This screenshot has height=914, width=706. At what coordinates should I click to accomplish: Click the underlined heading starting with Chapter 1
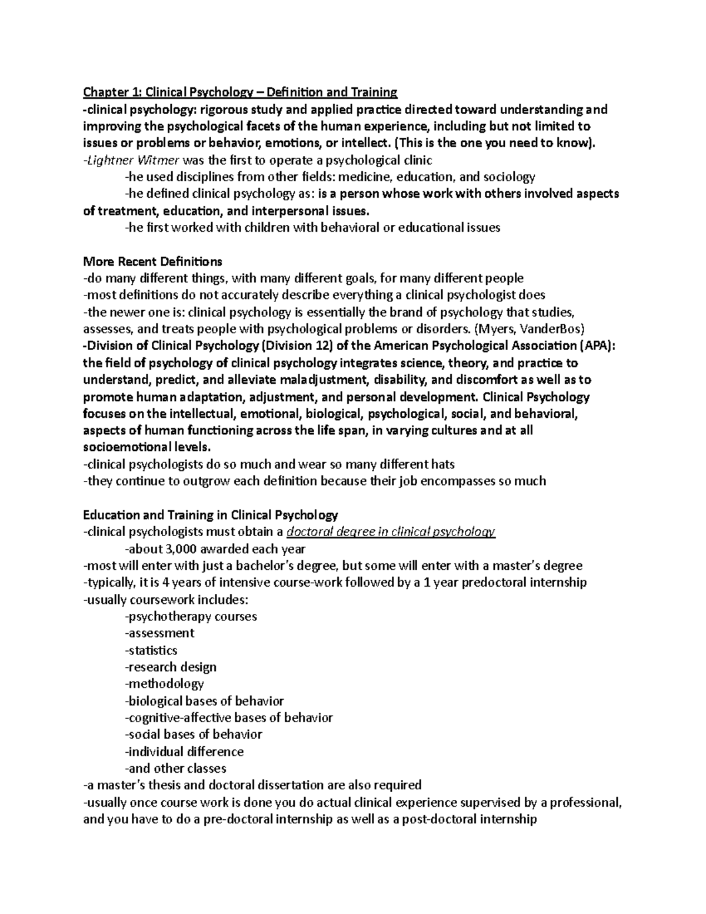(240, 92)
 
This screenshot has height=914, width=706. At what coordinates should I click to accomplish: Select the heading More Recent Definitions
(152, 261)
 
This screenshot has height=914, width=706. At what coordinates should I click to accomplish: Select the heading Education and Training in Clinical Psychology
(211, 515)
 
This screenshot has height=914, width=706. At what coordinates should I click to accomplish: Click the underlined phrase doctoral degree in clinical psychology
(391, 532)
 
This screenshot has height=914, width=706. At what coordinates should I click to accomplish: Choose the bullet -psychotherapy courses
(191, 617)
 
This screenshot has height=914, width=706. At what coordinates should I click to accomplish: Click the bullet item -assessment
(159, 633)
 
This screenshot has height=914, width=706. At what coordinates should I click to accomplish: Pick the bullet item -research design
(171, 667)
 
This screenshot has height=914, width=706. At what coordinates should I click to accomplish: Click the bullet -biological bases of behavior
(204, 701)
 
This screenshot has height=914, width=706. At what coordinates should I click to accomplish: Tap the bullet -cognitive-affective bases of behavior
(229, 718)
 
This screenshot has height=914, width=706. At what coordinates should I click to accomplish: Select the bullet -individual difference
(184, 752)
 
